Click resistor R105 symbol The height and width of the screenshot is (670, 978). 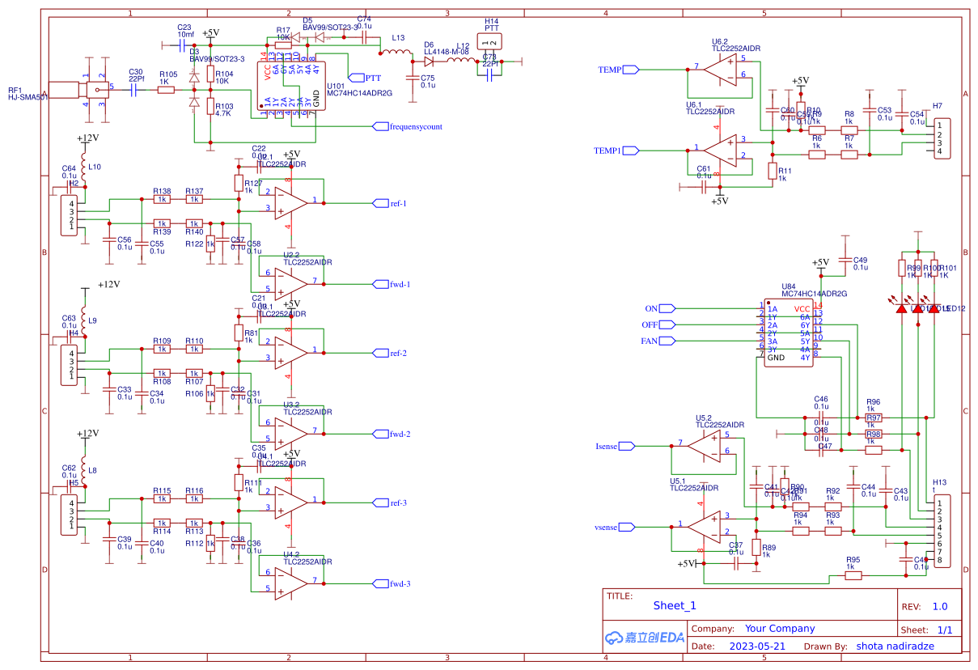[166, 90]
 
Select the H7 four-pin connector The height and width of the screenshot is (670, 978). [942, 138]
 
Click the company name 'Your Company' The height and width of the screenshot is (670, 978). [779, 628]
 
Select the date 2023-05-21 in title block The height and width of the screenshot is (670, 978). [756, 647]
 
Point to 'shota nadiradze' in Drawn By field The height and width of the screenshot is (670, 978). [895, 647]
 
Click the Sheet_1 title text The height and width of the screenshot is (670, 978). [674, 605]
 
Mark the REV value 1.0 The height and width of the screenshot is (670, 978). [939, 606]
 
